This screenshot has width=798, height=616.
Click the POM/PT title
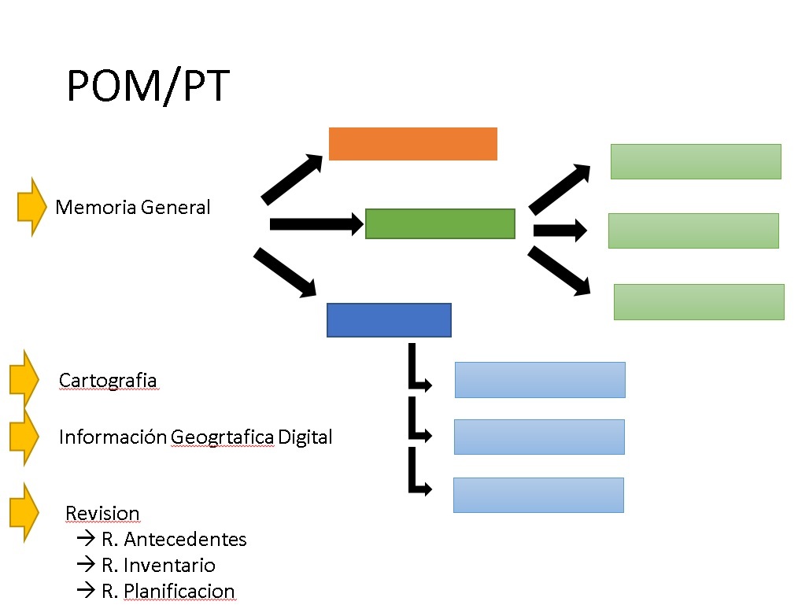[x=148, y=87]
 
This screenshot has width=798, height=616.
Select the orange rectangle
[x=412, y=144]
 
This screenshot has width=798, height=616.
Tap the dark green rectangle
[x=440, y=223]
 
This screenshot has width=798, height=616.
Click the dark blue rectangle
[x=389, y=320]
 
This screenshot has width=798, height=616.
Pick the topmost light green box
[x=696, y=162]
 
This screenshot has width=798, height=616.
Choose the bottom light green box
[x=699, y=302]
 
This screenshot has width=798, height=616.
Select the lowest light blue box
[x=538, y=495]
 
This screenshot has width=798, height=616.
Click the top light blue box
[x=540, y=380]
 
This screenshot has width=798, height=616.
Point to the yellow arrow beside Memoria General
[x=32, y=207]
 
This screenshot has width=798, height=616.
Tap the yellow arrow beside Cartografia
[x=24, y=379]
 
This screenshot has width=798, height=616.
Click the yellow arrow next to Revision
[x=24, y=512]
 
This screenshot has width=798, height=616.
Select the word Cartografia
[x=108, y=381]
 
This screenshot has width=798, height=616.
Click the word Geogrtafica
[x=222, y=437]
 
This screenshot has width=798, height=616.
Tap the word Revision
[x=102, y=513]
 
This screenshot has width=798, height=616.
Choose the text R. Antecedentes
[x=174, y=539]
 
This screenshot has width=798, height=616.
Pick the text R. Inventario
[x=158, y=565]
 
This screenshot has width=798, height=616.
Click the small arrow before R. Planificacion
[x=86, y=590]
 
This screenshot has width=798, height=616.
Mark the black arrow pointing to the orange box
[x=292, y=180]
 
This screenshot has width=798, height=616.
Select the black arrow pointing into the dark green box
[x=316, y=223]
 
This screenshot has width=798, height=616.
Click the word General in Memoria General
[x=175, y=208]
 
